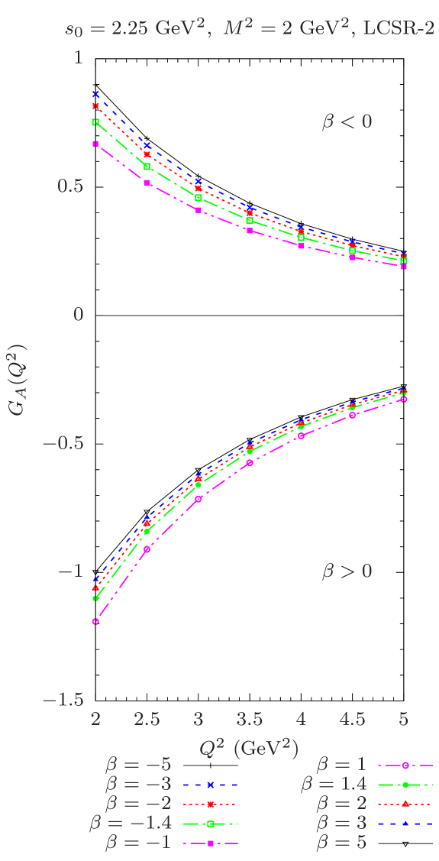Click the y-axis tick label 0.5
click(69, 186)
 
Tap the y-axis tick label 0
click(77, 314)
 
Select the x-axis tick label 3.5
click(250, 720)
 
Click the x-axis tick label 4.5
click(352, 720)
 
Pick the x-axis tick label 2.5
click(147, 720)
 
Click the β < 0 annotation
click(347, 121)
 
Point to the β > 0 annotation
click(347, 571)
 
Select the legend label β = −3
click(138, 784)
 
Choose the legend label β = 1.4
click(334, 784)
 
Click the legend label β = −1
click(138, 843)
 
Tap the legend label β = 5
click(341, 843)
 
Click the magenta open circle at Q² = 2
click(95, 622)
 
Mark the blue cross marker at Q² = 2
click(95, 94)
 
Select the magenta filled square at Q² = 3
click(198, 209)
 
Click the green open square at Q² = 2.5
click(147, 167)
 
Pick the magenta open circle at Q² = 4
click(301, 435)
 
